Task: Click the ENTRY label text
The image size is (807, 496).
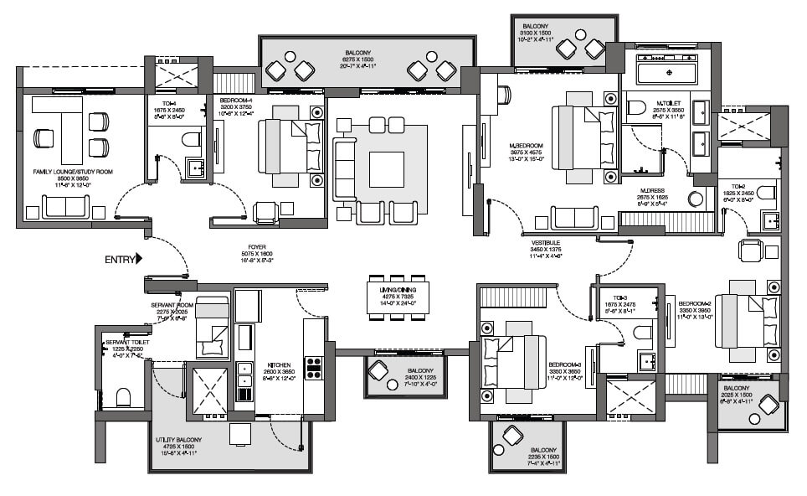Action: pyautogui.click(x=118, y=260)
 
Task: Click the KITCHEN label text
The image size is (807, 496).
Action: pyautogui.click(x=279, y=365)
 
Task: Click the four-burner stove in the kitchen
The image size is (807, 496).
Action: pyautogui.click(x=314, y=368)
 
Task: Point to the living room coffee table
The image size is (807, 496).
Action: pyautogui.click(x=386, y=169)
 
